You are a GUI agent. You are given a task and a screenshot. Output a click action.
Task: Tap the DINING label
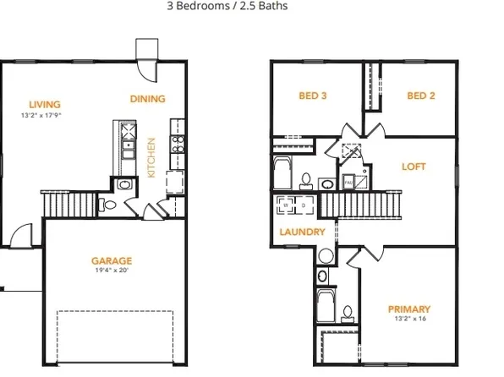(147, 99)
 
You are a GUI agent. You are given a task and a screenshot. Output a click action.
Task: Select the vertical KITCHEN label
(152, 157)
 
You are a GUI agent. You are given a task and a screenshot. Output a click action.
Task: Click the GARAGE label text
(111, 260)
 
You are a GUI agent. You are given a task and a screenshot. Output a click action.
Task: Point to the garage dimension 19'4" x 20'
(111, 271)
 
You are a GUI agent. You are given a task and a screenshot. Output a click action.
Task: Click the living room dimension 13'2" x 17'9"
(41, 115)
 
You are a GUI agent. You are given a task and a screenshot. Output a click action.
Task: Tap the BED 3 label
(313, 96)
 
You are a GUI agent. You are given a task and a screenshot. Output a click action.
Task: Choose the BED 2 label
(420, 96)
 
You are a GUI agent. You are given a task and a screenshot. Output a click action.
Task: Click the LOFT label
(414, 167)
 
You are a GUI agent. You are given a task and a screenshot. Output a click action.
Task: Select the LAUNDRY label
(302, 232)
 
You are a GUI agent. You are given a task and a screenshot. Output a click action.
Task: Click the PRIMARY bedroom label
(408, 309)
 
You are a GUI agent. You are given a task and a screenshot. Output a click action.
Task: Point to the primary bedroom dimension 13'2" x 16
(408, 320)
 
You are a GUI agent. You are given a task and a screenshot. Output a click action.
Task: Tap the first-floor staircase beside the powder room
(68, 204)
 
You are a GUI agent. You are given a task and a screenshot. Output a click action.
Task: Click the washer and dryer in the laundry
(294, 204)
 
